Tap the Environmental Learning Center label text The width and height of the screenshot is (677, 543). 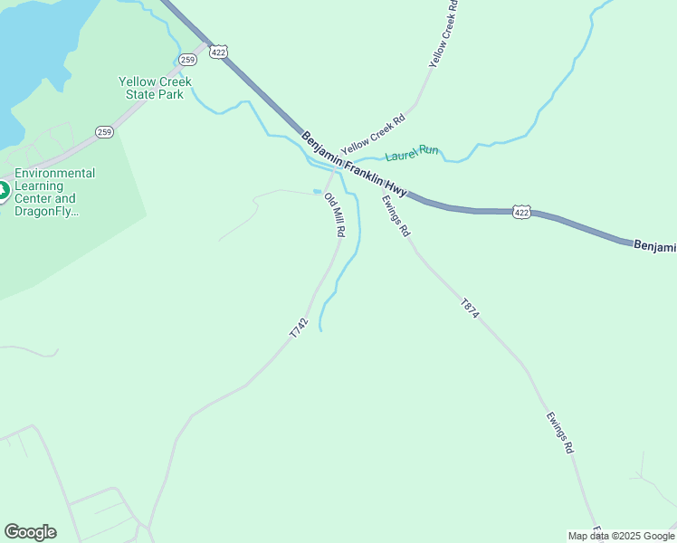pos(54,192)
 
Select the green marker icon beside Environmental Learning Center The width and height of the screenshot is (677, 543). pos(3,191)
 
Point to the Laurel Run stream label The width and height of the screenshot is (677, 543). pos(412,153)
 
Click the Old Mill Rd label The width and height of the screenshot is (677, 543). pos(335,215)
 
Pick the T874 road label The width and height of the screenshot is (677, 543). pos(469,308)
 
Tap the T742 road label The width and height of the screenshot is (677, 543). pos(300,328)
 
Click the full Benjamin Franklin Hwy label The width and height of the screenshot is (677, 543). pos(355,165)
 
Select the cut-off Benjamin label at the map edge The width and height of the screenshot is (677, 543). pos(654,246)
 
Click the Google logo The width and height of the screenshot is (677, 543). pos(30,532)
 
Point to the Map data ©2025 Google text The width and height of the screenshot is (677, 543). pos(622,536)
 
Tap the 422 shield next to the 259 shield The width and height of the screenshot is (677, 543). pos(218,52)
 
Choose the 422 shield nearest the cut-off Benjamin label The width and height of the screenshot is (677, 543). pos(521,212)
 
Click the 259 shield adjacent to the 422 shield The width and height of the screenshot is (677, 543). pos(187,60)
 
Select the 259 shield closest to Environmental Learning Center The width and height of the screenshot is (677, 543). pos(105,132)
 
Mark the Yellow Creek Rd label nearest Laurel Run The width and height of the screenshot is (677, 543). pos(372,133)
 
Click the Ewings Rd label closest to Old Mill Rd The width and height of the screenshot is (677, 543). pos(396,217)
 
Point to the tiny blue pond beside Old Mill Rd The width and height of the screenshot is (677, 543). pos(317,191)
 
